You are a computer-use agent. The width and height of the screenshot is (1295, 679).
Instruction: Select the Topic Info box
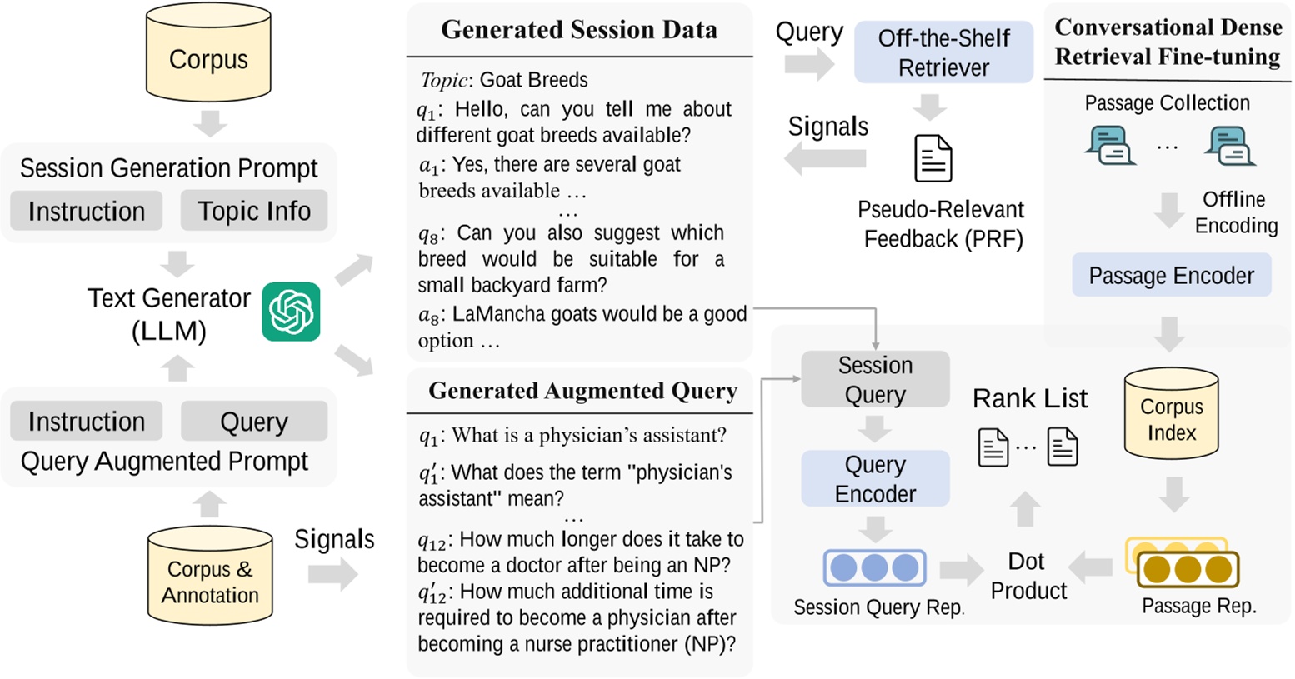[x=253, y=212]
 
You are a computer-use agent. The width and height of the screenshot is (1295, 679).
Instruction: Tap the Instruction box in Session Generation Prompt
[x=86, y=212]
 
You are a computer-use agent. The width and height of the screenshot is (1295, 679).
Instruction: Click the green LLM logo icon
[x=291, y=312]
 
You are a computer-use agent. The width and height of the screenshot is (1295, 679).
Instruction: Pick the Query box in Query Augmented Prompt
[x=253, y=422]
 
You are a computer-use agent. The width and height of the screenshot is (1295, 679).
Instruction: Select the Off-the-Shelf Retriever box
[x=943, y=52]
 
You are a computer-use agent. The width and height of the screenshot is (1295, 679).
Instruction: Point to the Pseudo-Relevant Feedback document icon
[x=932, y=158]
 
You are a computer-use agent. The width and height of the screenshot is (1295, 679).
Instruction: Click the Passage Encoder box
[x=1171, y=276]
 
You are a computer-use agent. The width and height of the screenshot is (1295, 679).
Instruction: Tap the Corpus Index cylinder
[x=1171, y=415]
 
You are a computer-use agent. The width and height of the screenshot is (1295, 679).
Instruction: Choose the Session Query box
[x=875, y=379]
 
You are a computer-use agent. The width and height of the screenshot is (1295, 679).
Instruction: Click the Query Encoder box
[x=875, y=478]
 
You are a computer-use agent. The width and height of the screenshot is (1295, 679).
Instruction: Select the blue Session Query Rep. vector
[x=874, y=568]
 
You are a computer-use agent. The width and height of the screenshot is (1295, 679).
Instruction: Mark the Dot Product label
[x=1027, y=576]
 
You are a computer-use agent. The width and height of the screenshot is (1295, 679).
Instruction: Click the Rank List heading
[x=1029, y=398]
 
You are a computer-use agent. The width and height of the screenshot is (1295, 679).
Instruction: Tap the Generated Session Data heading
[x=578, y=30]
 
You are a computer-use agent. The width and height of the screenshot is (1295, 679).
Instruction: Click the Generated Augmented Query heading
[x=582, y=391]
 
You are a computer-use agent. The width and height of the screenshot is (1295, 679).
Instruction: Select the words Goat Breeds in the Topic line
[x=533, y=80]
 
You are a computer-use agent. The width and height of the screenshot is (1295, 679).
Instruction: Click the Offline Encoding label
[x=1235, y=212]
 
